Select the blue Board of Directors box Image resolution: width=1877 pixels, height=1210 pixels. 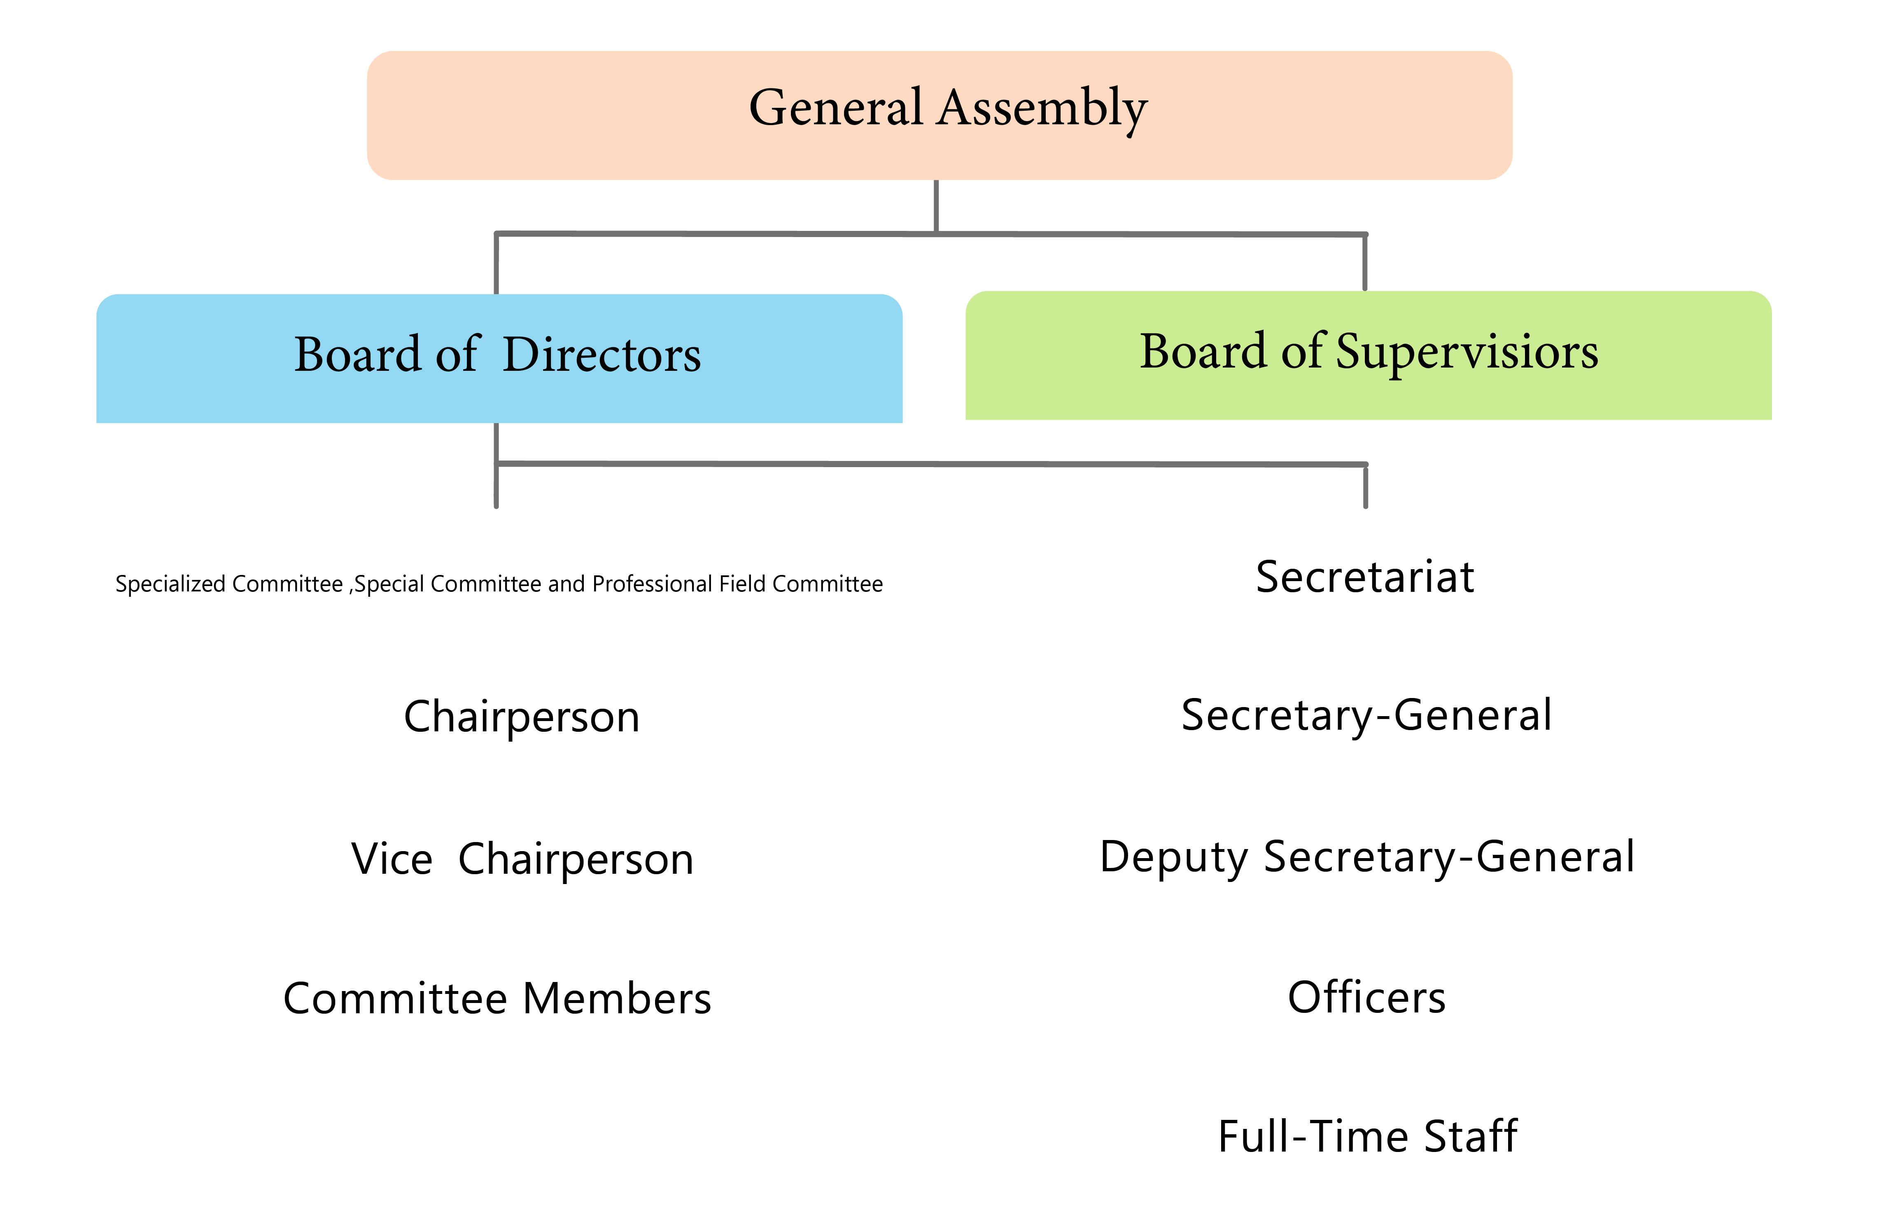[x=499, y=358]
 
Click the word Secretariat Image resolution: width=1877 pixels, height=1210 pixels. [x=1364, y=577]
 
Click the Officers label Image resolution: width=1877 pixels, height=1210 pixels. [x=1366, y=998]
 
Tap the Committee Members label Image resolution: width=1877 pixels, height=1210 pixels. [x=497, y=999]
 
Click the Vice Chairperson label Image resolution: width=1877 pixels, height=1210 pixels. [x=522, y=859]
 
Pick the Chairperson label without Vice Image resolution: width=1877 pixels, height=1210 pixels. [x=522, y=717]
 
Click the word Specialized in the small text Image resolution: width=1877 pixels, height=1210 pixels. [x=170, y=584]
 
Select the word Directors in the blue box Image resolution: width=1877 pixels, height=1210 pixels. [x=601, y=355]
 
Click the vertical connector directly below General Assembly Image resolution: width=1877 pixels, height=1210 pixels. [x=936, y=206]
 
